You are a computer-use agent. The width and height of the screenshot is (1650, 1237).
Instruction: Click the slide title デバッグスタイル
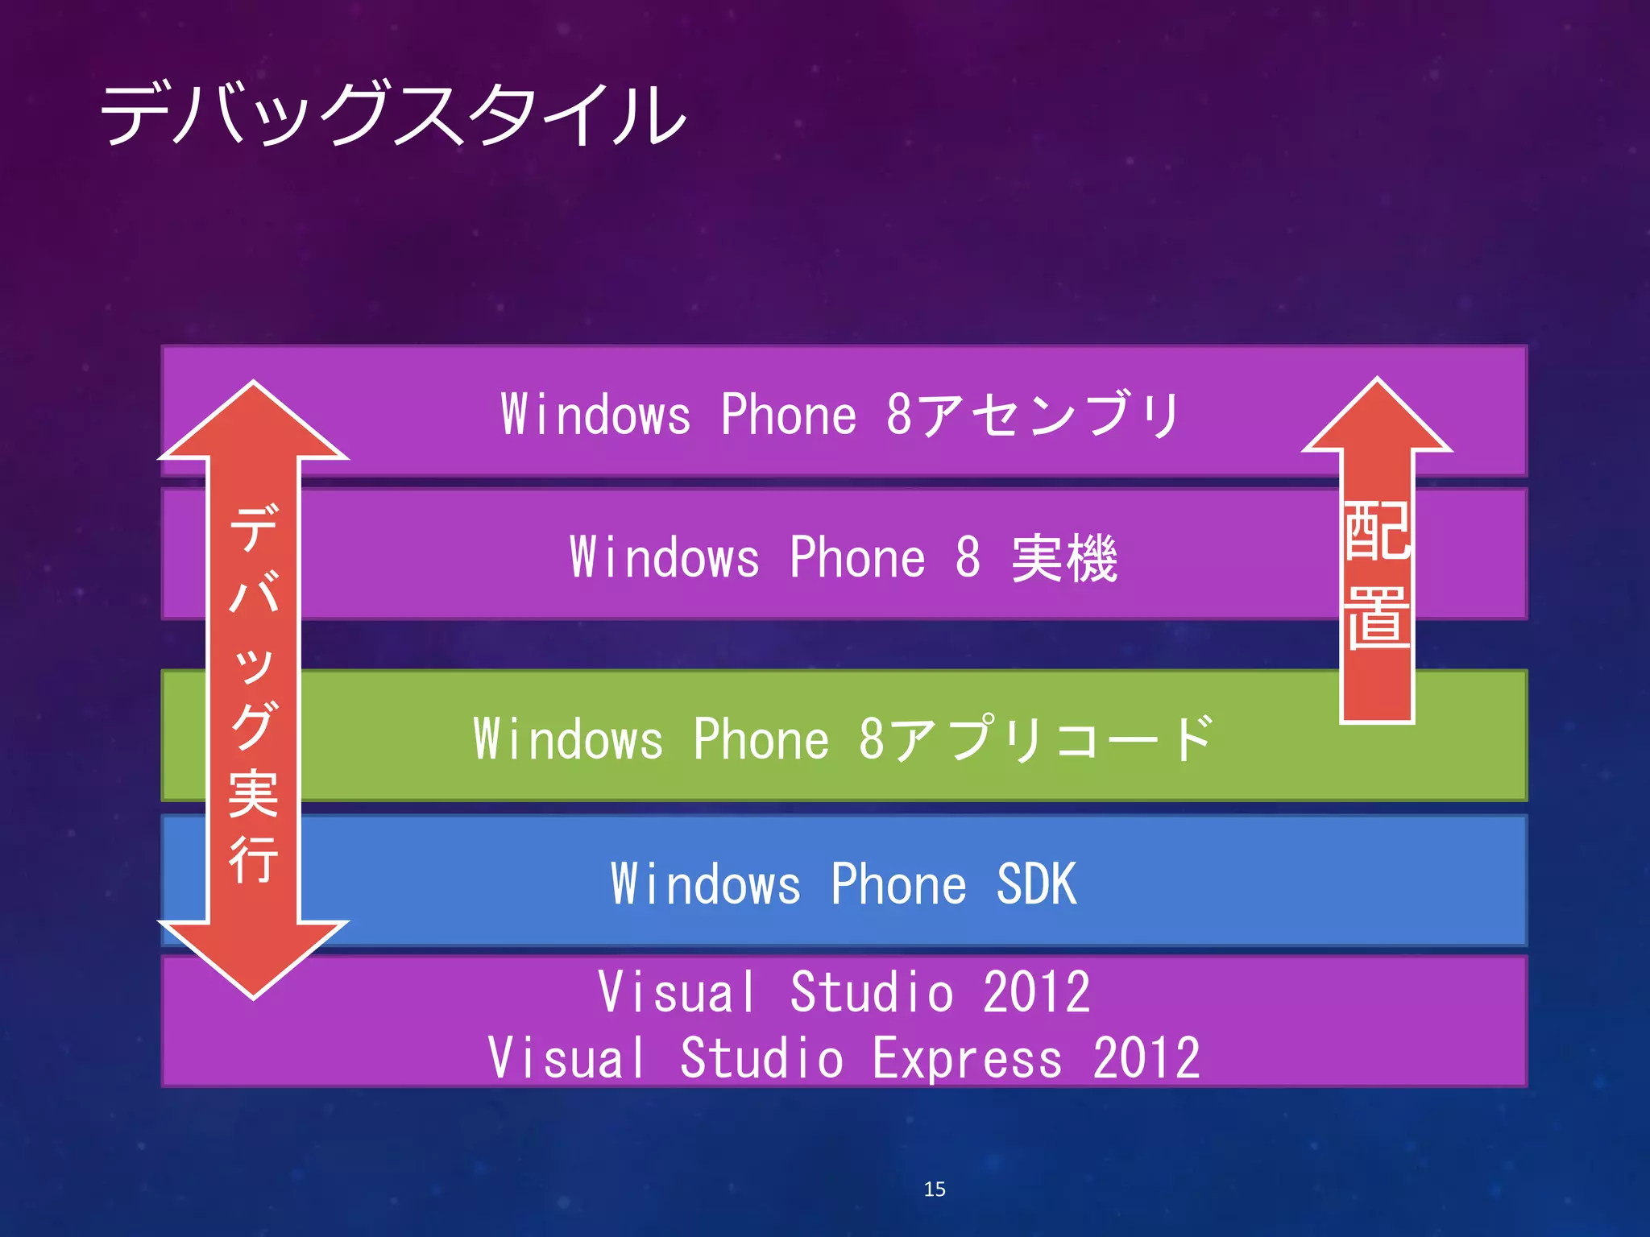click(393, 114)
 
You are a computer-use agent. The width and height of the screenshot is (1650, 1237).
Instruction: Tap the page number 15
click(935, 1189)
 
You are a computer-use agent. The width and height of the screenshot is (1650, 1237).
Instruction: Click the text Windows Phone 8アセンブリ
click(840, 414)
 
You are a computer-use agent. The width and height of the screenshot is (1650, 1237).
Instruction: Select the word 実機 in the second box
click(1064, 557)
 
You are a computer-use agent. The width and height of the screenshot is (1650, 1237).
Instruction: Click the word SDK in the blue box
click(1036, 884)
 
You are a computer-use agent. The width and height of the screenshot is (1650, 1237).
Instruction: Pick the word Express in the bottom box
click(967, 1058)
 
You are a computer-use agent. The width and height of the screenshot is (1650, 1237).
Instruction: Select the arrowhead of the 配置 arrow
click(1377, 415)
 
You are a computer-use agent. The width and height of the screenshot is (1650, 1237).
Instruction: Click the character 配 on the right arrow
click(1377, 532)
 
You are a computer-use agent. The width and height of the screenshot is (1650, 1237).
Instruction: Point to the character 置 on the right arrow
click(1377, 618)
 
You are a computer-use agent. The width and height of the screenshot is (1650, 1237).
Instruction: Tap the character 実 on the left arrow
click(254, 793)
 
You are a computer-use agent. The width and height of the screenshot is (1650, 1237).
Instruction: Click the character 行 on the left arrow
click(254, 859)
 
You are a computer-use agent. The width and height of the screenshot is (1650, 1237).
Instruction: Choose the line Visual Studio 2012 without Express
click(844, 991)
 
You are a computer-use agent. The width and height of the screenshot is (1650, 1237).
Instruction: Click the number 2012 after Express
click(1146, 1058)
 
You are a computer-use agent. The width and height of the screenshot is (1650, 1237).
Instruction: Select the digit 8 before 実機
click(968, 557)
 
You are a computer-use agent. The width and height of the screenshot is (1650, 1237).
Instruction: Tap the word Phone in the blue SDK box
click(898, 884)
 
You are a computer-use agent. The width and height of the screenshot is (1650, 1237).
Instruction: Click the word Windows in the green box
click(568, 738)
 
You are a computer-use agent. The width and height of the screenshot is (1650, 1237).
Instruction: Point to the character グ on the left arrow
click(254, 725)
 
